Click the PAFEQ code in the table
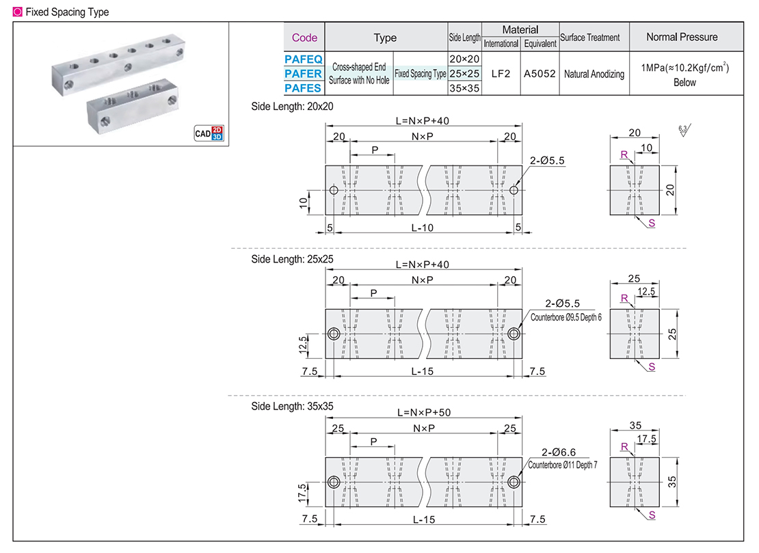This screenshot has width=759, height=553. coord(303,59)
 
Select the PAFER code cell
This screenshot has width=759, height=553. coord(303,74)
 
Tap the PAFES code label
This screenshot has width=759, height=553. coord(303,87)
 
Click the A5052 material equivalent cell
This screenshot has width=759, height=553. coord(540,73)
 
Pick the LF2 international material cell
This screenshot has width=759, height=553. coord(501,73)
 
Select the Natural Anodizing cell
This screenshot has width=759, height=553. coord(594,74)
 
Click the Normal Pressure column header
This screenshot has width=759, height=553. coord(682,37)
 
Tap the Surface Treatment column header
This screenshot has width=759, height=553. coord(589,38)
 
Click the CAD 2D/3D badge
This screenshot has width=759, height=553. coord(209,133)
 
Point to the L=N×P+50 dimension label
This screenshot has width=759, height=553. coord(423,412)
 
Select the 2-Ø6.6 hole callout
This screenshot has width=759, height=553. coord(559,452)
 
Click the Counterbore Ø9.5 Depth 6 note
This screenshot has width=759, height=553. coord(566,317)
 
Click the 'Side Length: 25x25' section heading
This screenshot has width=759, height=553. coord(292,259)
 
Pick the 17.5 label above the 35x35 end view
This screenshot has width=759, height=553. coord(646,439)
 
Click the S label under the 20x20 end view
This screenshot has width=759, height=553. coord(652,224)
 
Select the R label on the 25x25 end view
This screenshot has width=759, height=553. coord(624,297)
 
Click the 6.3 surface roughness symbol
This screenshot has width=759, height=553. coord(684,130)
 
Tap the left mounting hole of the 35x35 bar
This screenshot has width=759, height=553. coord(334,482)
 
